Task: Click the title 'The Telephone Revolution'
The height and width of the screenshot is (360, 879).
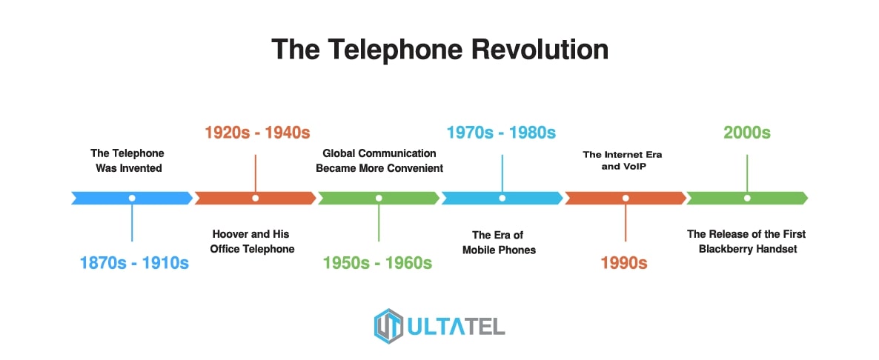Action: pos(439,50)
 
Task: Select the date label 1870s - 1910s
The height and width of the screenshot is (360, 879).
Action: pos(133,262)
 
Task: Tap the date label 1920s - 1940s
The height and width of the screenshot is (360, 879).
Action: pos(256,133)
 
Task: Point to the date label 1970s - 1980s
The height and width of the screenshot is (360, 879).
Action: pos(501,133)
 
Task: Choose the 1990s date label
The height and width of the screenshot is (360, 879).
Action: pos(624,262)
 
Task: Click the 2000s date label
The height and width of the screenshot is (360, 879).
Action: pos(746,133)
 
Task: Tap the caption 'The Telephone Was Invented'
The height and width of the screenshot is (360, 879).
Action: pos(127,160)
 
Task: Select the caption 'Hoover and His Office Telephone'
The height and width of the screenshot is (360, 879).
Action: pos(252,241)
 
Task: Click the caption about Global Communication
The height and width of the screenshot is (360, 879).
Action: pos(379,160)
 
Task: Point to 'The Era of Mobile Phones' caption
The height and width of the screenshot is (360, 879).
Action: pos(498,242)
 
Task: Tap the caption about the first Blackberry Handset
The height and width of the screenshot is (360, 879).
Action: pos(746,241)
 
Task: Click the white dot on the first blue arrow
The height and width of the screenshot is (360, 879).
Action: pos(132,198)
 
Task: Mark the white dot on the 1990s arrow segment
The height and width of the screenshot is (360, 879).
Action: pos(626,198)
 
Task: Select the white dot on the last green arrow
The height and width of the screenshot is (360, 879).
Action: pos(747,198)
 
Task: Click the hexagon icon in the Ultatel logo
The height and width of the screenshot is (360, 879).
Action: pos(388,325)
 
